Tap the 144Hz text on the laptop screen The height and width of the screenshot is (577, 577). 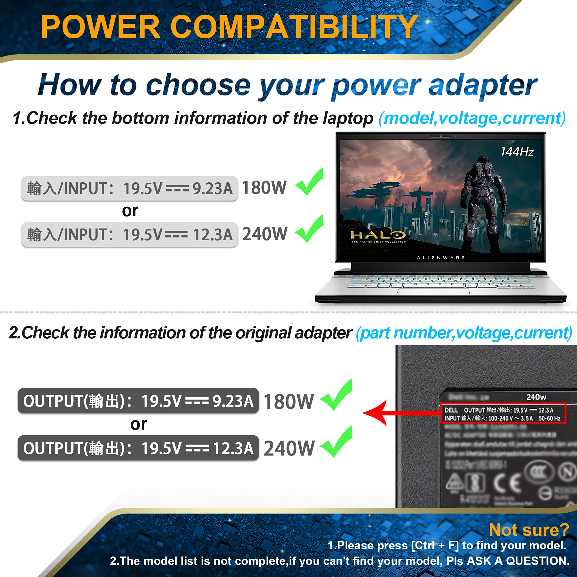517,152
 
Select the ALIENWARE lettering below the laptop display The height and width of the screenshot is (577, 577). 441,257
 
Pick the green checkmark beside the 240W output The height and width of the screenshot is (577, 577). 337,443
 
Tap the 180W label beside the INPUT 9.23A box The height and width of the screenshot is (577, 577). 264,188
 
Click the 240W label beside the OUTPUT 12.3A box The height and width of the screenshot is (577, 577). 289,448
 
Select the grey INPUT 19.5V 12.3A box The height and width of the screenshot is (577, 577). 130,235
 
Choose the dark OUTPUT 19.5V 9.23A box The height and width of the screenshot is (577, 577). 138,401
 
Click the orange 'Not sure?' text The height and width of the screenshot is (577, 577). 529,530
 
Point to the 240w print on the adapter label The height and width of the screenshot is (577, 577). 536,397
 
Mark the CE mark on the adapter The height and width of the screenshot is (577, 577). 507,483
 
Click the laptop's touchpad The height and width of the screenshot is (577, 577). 433,291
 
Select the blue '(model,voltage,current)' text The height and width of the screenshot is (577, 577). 472,118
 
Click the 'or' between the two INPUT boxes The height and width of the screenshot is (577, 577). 130,211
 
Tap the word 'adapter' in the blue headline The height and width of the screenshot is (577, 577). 483,86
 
